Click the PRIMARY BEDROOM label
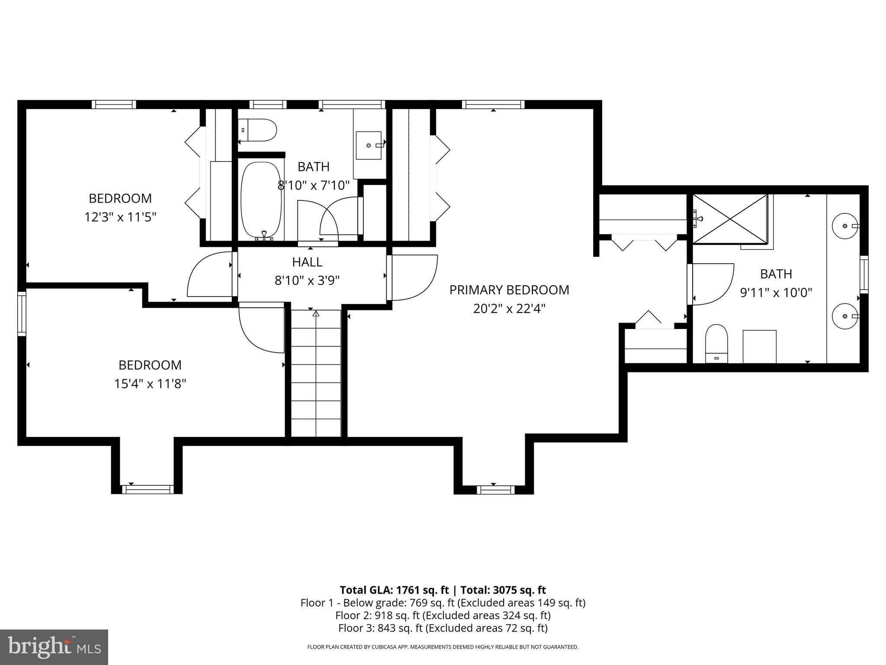pyautogui.click(x=509, y=290)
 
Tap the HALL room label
pyautogui.click(x=307, y=262)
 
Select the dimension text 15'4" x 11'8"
pyautogui.click(x=150, y=384)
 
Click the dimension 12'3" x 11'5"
pyautogui.click(x=120, y=216)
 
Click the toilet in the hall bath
pyautogui.click(x=259, y=130)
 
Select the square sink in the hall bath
pyautogui.click(x=369, y=145)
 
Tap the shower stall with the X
pyautogui.click(x=730, y=219)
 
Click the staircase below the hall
pyautogui.click(x=316, y=373)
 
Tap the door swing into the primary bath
pyautogui.click(x=712, y=284)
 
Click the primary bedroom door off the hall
pyautogui.click(x=413, y=277)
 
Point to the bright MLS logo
pyautogui.click(x=54, y=647)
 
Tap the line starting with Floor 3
pyautogui.click(x=443, y=628)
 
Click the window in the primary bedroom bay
pyautogui.click(x=496, y=490)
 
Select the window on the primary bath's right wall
pyautogui.click(x=864, y=274)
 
